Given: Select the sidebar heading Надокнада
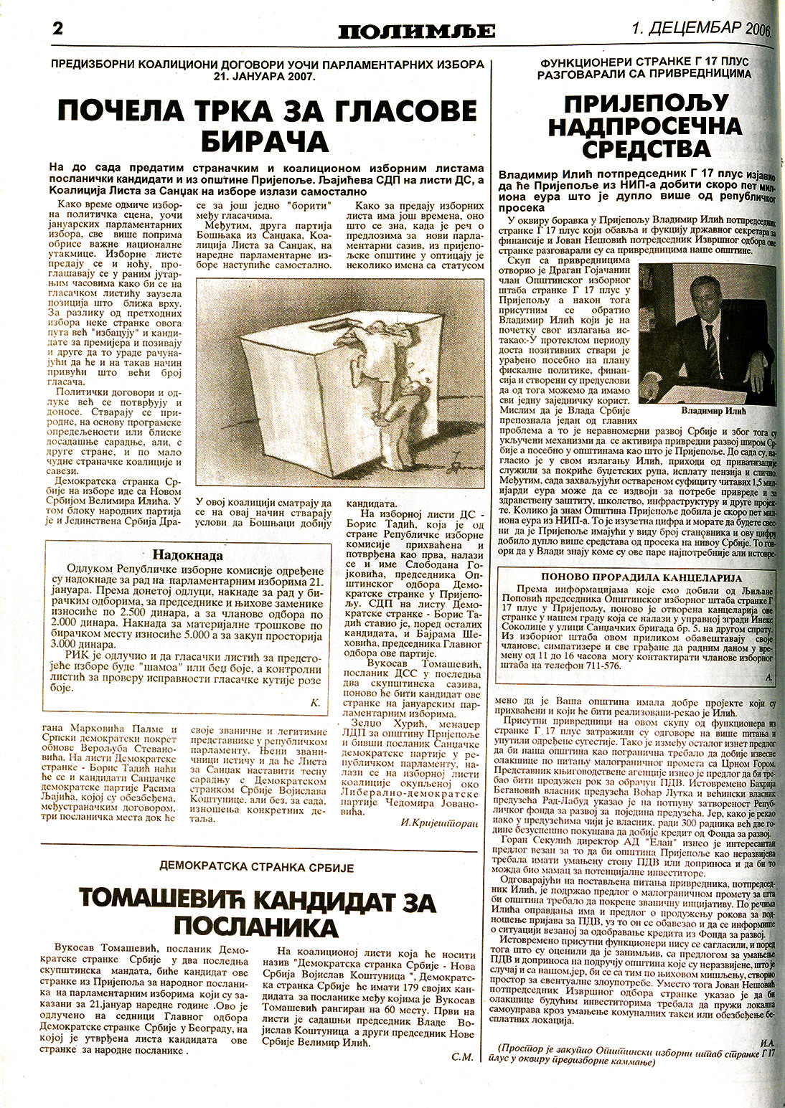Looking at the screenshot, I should coord(187,555).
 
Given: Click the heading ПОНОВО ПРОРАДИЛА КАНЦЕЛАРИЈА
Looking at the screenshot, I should coord(641,577).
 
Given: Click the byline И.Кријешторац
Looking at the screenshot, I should coord(439,824).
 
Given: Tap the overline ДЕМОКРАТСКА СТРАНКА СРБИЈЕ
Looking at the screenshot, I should coord(258,868).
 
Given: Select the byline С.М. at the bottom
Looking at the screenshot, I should coord(462,1056).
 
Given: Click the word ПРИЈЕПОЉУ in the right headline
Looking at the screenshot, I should coord(636,103).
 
